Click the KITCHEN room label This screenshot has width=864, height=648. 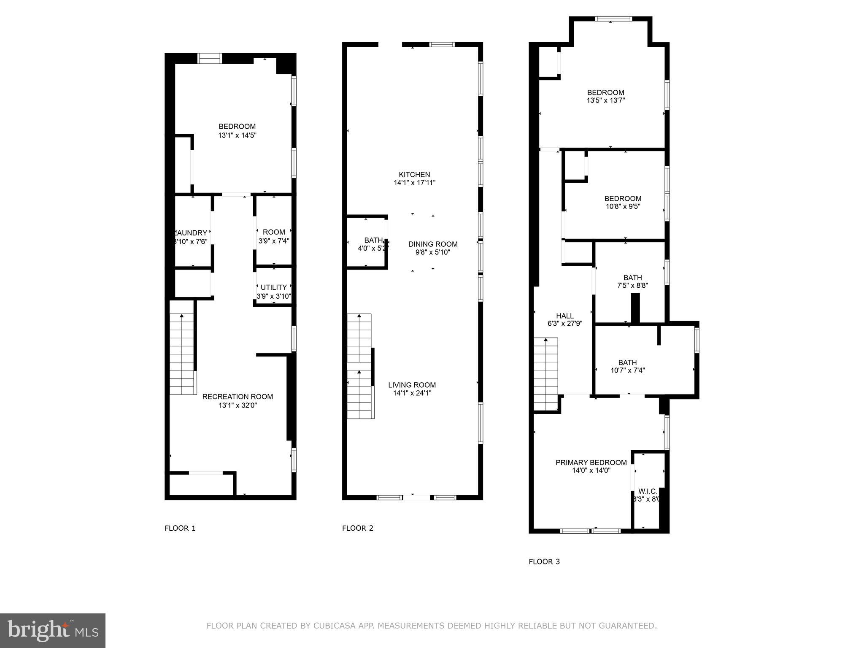click(x=414, y=175)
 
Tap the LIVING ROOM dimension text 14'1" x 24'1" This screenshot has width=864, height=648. click(x=412, y=393)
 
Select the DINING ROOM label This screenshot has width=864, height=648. click(x=433, y=244)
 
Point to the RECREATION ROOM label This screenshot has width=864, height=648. click(x=238, y=397)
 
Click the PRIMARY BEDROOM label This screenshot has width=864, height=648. click(x=591, y=462)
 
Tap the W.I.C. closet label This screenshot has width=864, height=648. click(x=648, y=491)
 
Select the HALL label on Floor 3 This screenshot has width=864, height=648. click(x=564, y=316)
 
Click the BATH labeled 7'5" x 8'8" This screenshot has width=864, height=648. click(x=632, y=281)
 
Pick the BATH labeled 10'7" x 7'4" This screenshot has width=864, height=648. click(x=627, y=366)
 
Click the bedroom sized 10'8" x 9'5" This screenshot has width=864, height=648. click(x=623, y=202)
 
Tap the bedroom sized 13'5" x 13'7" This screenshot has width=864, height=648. click(x=605, y=97)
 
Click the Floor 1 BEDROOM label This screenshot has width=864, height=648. click(x=237, y=127)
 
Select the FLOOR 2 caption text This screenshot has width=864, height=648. click(x=357, y=528)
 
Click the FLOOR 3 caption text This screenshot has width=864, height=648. click(x=544, y=562)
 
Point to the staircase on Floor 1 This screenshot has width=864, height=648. click(x=182, y=354)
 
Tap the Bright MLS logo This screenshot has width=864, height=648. click(x=53, y=631)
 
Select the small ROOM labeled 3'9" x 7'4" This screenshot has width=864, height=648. click(x=274, y=236)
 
